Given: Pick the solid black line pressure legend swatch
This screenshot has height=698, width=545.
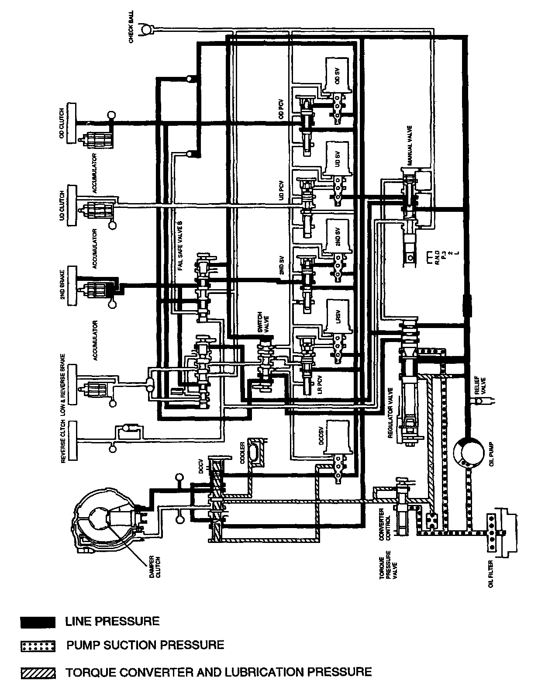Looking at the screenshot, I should (38, 622).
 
